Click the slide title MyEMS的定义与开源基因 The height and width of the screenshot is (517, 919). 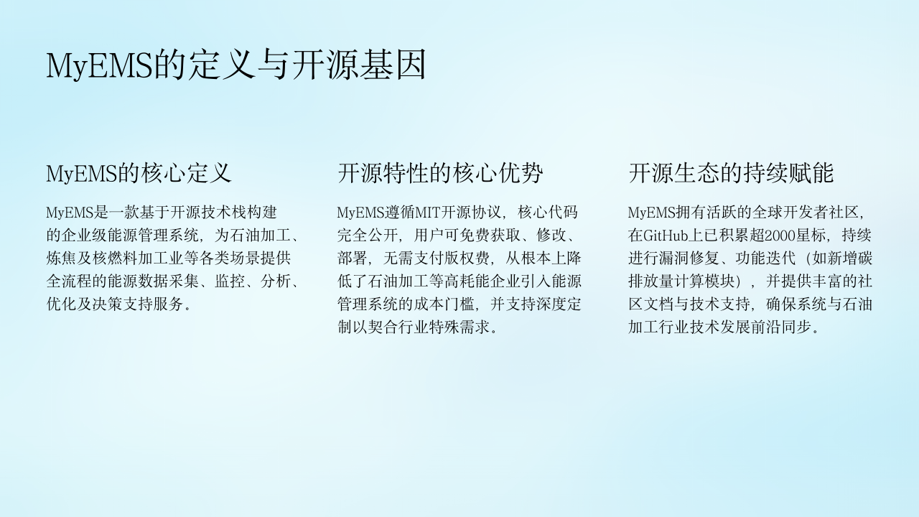click(x=236, y=65)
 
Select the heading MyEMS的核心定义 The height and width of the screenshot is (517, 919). click(x=139, y=173)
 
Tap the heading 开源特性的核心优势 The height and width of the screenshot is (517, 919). click(x=440, y=173)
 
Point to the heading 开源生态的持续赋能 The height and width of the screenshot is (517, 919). click(x=731, y=173)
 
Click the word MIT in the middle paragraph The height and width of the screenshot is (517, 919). click(x=427, y=213)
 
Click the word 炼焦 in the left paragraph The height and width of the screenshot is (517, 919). click(x=61, y=258)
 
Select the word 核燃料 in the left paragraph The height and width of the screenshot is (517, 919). click(x=115, y=258)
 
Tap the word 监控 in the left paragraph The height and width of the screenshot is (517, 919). click(x=230, y=281)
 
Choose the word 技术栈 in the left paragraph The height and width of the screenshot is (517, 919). click(x=223, y=213)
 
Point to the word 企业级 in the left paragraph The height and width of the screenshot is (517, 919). click(x=84, y=236)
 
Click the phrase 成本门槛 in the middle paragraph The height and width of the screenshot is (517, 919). click(x=444, y=304)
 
